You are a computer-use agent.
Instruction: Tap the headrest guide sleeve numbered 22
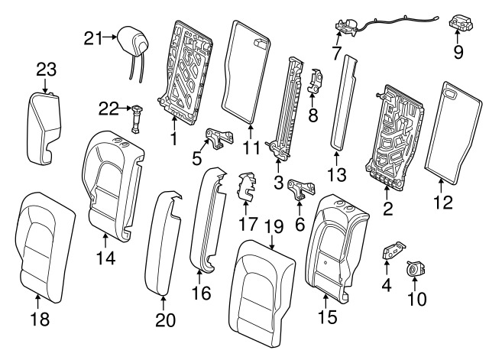click(138, 118)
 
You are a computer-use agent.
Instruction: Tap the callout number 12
click(444, 203)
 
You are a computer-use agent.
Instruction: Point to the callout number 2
click(388, 206)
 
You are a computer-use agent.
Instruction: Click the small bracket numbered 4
click(394, 253)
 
